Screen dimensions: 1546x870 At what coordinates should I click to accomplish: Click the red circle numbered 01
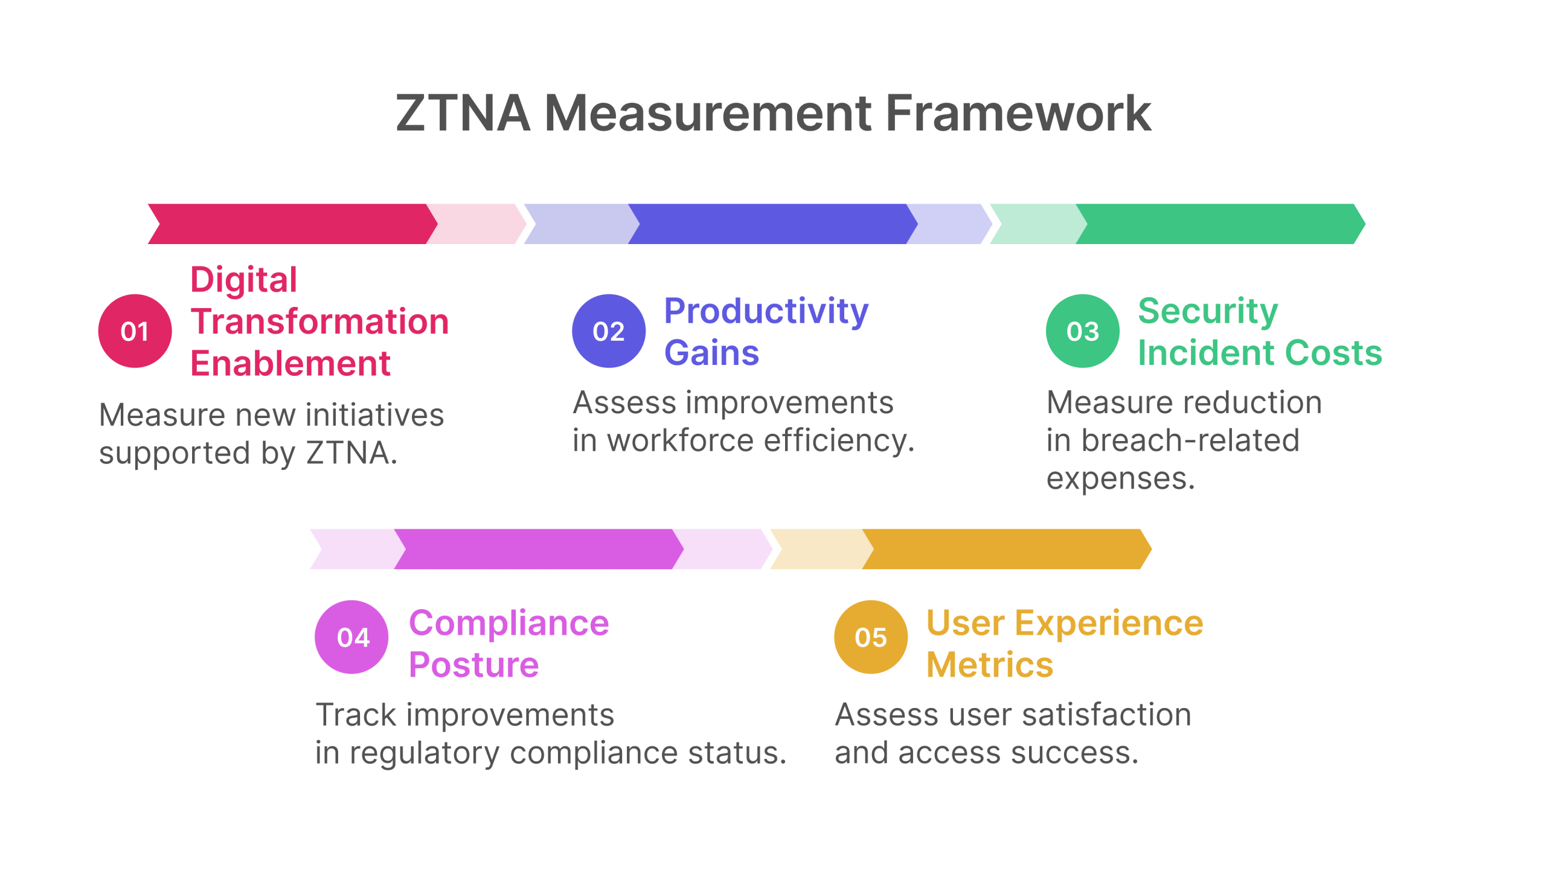click(x=135, y=331)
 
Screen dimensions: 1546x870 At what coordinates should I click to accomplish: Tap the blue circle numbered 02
click(x=609, y=331)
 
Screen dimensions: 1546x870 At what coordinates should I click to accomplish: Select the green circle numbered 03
click(x=1083, y=331)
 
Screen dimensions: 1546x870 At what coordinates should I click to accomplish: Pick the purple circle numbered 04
click(x=351, y=637)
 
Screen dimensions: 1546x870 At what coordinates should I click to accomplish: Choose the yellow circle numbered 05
click(x=871, y=637)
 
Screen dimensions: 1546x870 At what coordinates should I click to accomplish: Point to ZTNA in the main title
click(x=463, y=113)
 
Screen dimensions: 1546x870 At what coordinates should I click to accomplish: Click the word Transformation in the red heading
click(x=320, y=321)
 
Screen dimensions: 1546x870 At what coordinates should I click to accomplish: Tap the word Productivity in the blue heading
click(x=766, y=312)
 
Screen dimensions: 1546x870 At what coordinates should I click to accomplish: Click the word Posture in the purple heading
click(x=474, y=665)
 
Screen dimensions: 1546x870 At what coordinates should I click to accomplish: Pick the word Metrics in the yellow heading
click(x=990, y=665)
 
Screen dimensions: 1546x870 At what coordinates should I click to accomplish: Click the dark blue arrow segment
click(x=773, y=224)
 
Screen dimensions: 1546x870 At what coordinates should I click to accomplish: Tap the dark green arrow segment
click(x=1220, y=224)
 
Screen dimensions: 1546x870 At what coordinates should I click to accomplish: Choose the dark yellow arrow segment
click(x=1007, y=549)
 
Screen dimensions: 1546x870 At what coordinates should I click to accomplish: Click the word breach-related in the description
click(x=1190, y=440)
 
